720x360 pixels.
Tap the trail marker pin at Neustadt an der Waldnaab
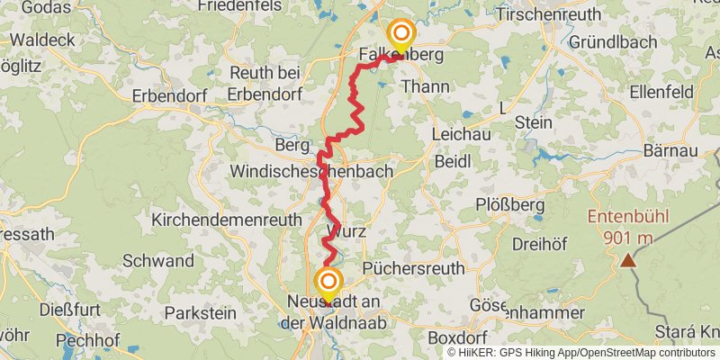(x=328, y=283)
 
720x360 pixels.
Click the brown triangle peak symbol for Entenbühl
(x=625, y=261)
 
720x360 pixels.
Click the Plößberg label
(x=509, y=204)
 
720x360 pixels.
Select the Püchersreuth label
(x=413, y=268)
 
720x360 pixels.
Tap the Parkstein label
(x=202, y=313)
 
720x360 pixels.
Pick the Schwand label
(x=158, y=261)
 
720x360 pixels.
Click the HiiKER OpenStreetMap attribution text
(x=581, y=353)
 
